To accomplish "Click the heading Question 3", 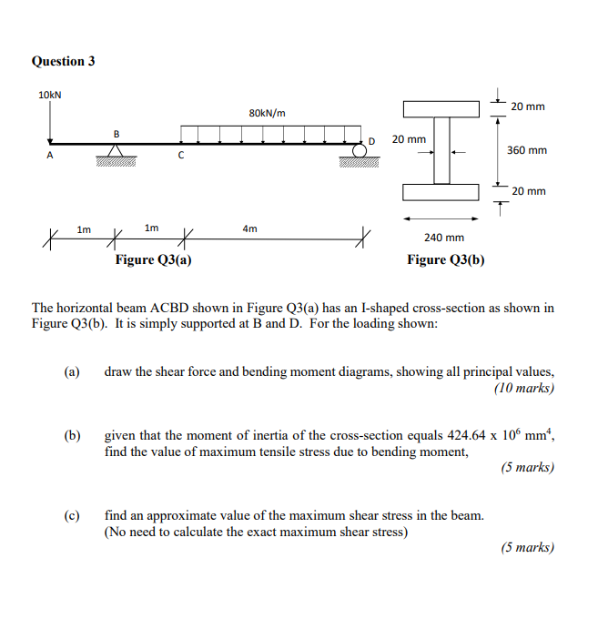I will pos(63,61).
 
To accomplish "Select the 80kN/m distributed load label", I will pos(266,113).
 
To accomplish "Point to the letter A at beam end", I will pos(50,156).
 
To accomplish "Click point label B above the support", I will pos(116,134).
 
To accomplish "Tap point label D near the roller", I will pos(371,141).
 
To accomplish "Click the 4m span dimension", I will pos(249,228).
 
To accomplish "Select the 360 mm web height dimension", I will pos(528,149).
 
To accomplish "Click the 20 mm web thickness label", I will pos(409,139).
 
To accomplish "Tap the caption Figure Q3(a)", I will pos(153,260).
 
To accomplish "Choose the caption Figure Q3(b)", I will pos(445,260).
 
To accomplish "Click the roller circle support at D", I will pos(360,150).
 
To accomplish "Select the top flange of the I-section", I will pos(441,109).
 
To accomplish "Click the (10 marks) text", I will pos(524,388).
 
